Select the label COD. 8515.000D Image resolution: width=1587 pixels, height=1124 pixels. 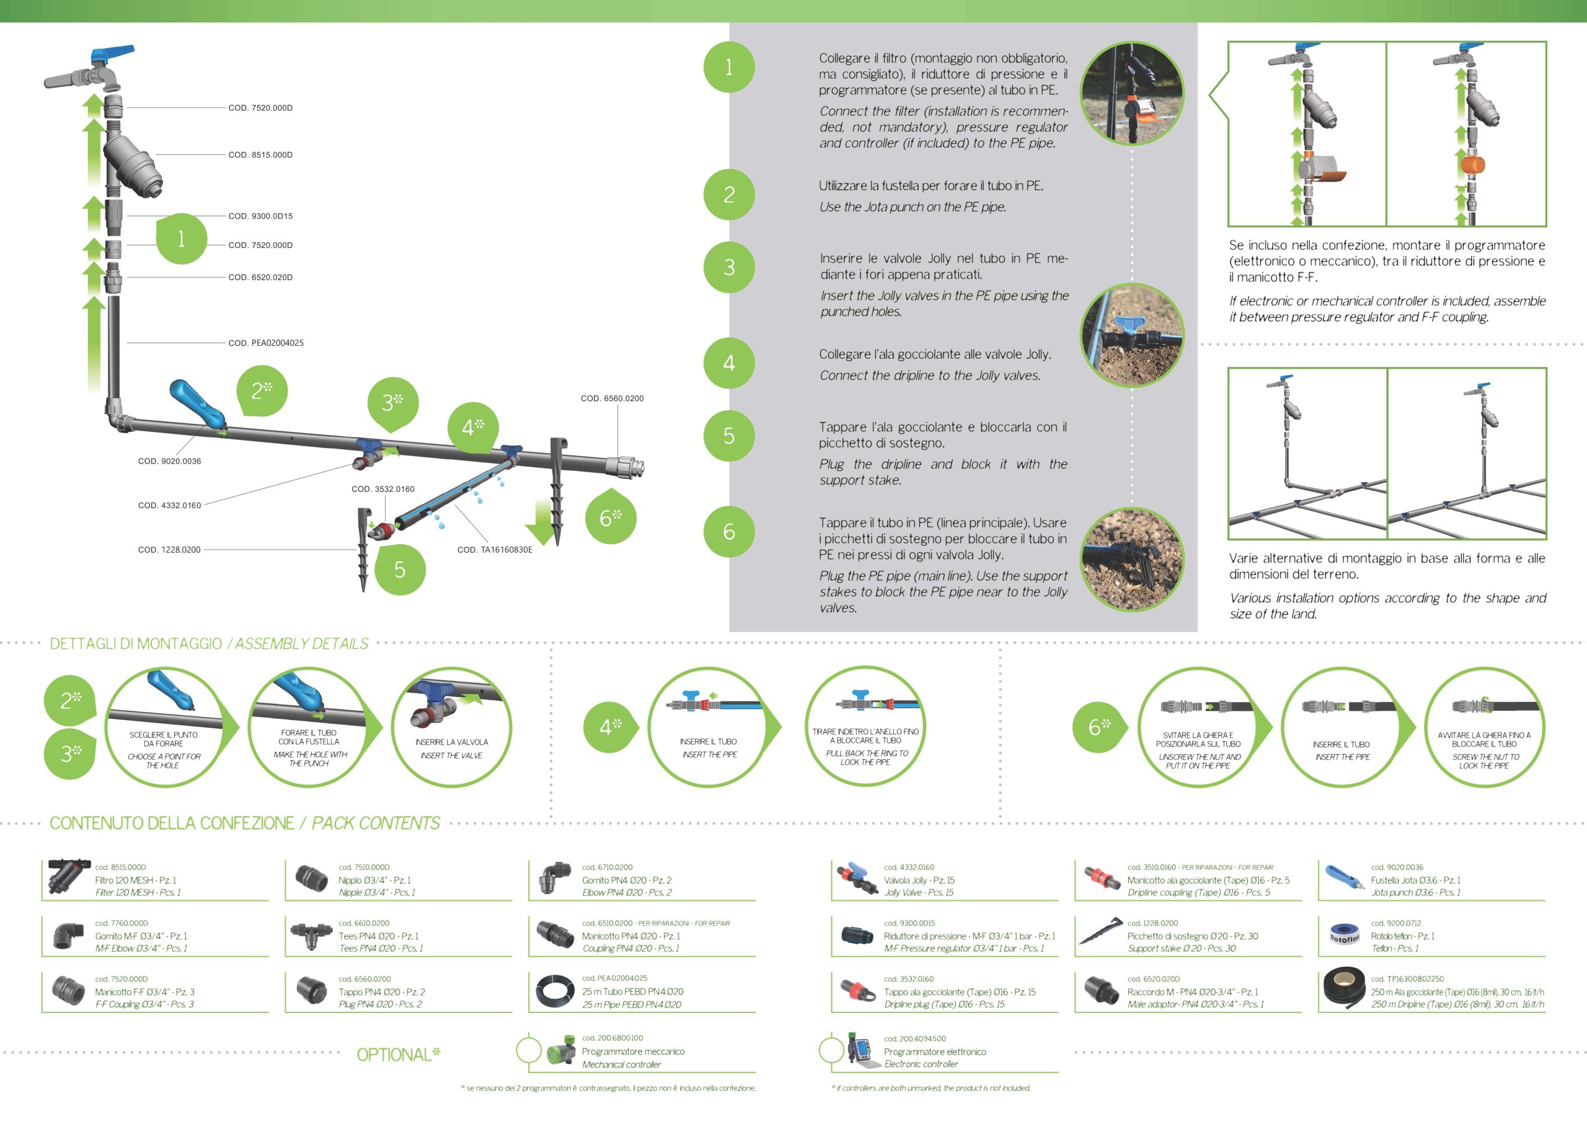[x=260, y=155]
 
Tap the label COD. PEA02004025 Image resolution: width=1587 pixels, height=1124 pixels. [x=266, y=343]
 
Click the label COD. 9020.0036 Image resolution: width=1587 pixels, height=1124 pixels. [x=170, y=461]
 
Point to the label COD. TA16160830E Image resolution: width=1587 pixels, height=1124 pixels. [x=494, y=550]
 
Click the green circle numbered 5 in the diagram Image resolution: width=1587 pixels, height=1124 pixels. [x=399, y=569]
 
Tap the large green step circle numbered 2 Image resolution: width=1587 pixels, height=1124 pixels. [x=728, y=195]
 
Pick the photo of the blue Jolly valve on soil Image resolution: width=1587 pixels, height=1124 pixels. [x=1132, y=335]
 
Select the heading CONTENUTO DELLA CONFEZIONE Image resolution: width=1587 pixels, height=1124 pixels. [x=172, y=823]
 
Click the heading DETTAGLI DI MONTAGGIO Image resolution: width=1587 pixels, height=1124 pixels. [x=136, y=644]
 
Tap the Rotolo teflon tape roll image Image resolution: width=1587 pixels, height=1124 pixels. [x=1343, y=936]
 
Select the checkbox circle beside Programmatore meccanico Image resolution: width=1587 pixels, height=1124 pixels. [x=528, y=1051]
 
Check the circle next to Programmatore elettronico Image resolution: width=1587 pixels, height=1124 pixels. [x=831, y=1051]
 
